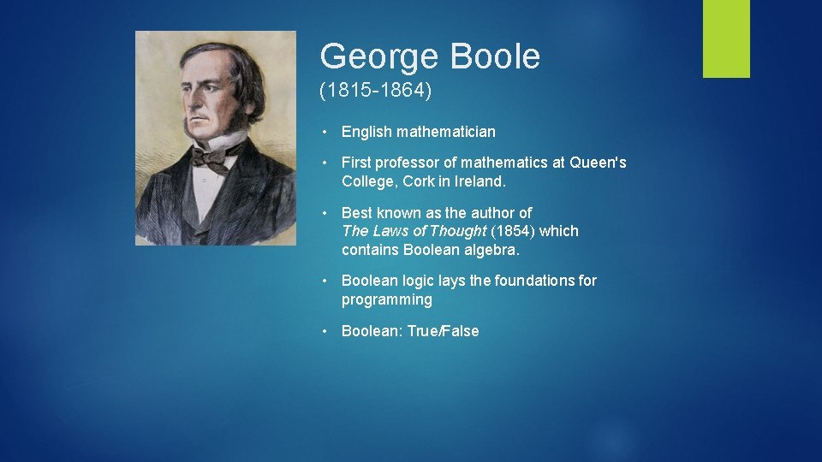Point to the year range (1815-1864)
(376, 91)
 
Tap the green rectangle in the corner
(726, 38)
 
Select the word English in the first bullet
(366, 132)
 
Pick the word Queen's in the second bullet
(598, 163)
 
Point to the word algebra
(495, 250)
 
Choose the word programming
(386, 300)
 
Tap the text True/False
(443, 331)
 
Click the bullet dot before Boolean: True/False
(326, 331)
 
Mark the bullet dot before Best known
(326, 212)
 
